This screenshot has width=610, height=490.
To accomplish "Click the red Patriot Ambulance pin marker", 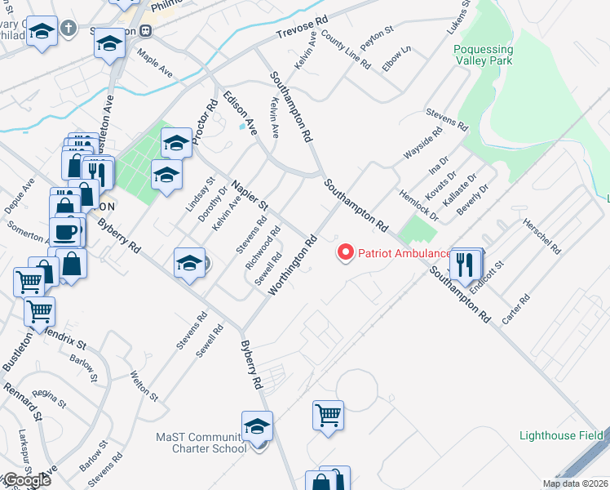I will [x=345, y=253].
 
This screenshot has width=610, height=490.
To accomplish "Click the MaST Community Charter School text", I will [x=201, y=443].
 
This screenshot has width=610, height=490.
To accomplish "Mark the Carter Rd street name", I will [x=517, y=310].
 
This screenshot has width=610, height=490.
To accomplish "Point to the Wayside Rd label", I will [x=422, y=143].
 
